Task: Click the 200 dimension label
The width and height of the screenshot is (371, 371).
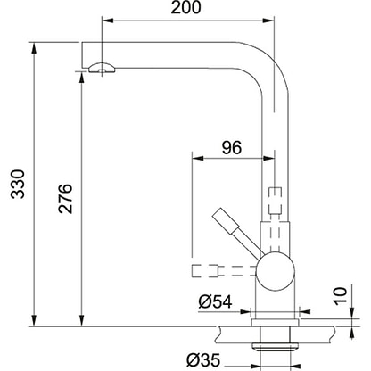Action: tap(185, 7)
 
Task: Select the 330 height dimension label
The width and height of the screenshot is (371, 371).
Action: tap(17, 184)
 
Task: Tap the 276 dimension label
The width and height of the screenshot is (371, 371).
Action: tap(65, 199)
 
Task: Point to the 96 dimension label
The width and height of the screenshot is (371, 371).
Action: tap(232, 147)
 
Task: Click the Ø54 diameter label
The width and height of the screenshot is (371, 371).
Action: tap(215, 302)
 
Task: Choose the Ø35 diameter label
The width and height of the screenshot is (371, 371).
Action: tap(203, 360)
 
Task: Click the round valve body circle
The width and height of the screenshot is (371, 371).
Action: tap(276, 271)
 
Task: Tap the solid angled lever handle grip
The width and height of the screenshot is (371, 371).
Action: tap(226, 221)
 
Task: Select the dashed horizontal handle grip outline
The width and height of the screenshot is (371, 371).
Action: tap(206, 271)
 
